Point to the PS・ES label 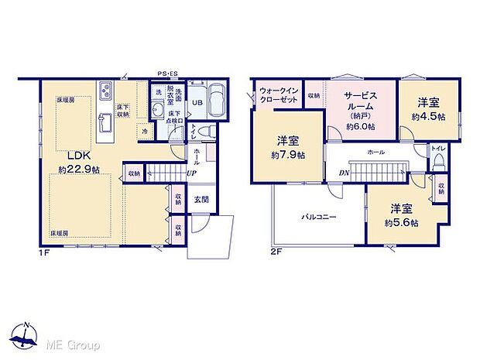168,74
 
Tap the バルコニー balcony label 318,218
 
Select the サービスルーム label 360,102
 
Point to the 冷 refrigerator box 145,132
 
